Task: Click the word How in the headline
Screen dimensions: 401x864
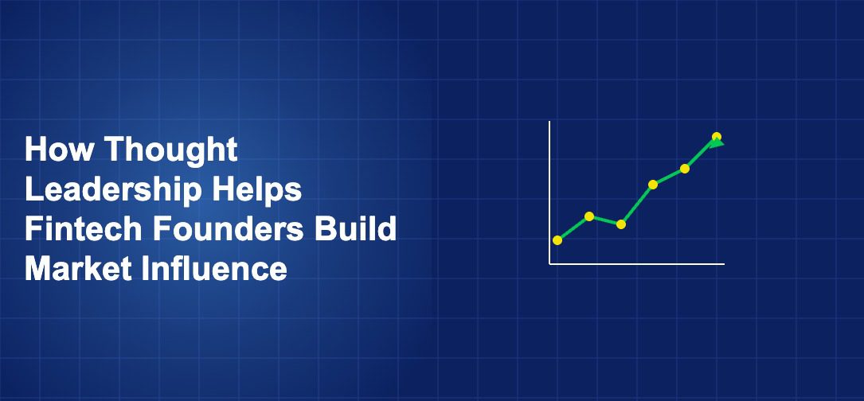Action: click(x=59, y=149)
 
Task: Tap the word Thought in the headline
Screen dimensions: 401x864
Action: click(x=171, y=149)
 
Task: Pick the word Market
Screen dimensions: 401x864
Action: click(x=76, y=269)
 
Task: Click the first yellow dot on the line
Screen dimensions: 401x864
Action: click(x=557, y=240)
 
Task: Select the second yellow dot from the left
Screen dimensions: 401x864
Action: click(x=589, y=216)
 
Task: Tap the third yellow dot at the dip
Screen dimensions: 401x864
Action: click(x=621, y=224)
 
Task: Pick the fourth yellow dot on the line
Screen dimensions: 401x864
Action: click(x=653, y=185)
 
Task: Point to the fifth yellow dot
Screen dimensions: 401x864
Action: click(x=685, y=169)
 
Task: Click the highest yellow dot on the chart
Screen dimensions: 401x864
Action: click(x=717, y=136)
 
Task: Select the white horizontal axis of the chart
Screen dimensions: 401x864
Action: click(x=637, y=263)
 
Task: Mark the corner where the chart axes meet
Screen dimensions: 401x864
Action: click(x=549, y=263)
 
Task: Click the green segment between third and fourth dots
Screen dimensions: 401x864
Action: click(x=637, y=204)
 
